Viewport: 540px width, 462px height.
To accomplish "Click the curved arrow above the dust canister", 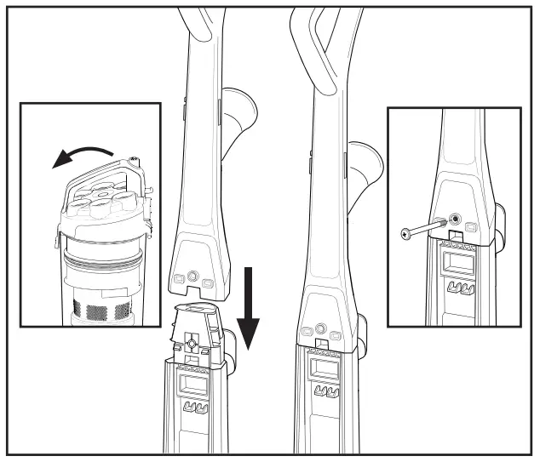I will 81,154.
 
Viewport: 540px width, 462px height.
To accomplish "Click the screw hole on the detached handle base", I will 192,277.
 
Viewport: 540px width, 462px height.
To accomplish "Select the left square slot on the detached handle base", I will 179,279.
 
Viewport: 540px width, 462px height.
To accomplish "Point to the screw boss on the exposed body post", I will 192,343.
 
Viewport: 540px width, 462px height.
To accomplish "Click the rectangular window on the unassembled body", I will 194,385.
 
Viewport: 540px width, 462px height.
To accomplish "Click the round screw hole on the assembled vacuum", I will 320,328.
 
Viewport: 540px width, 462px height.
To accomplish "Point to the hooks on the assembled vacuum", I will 325,392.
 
